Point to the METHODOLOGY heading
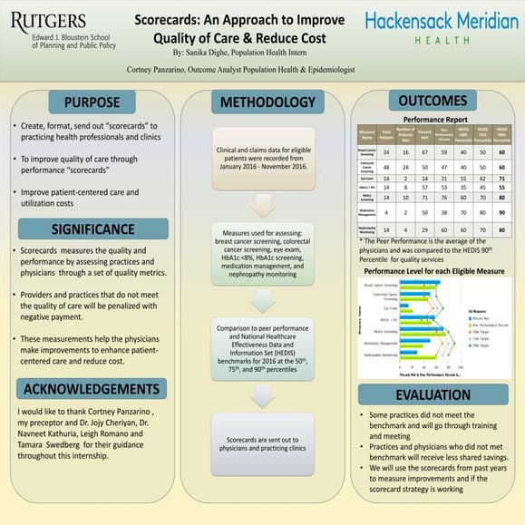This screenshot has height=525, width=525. (262, 100)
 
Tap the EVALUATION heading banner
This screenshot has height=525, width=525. (433, 394)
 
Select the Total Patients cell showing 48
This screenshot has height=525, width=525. (387, 168)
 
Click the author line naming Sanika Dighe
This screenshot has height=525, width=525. (261, 54)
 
